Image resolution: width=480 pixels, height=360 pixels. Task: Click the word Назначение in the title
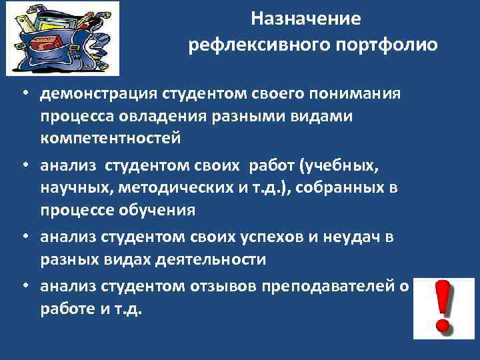click(306, 19)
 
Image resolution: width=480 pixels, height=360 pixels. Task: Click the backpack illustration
click(63, 37)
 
